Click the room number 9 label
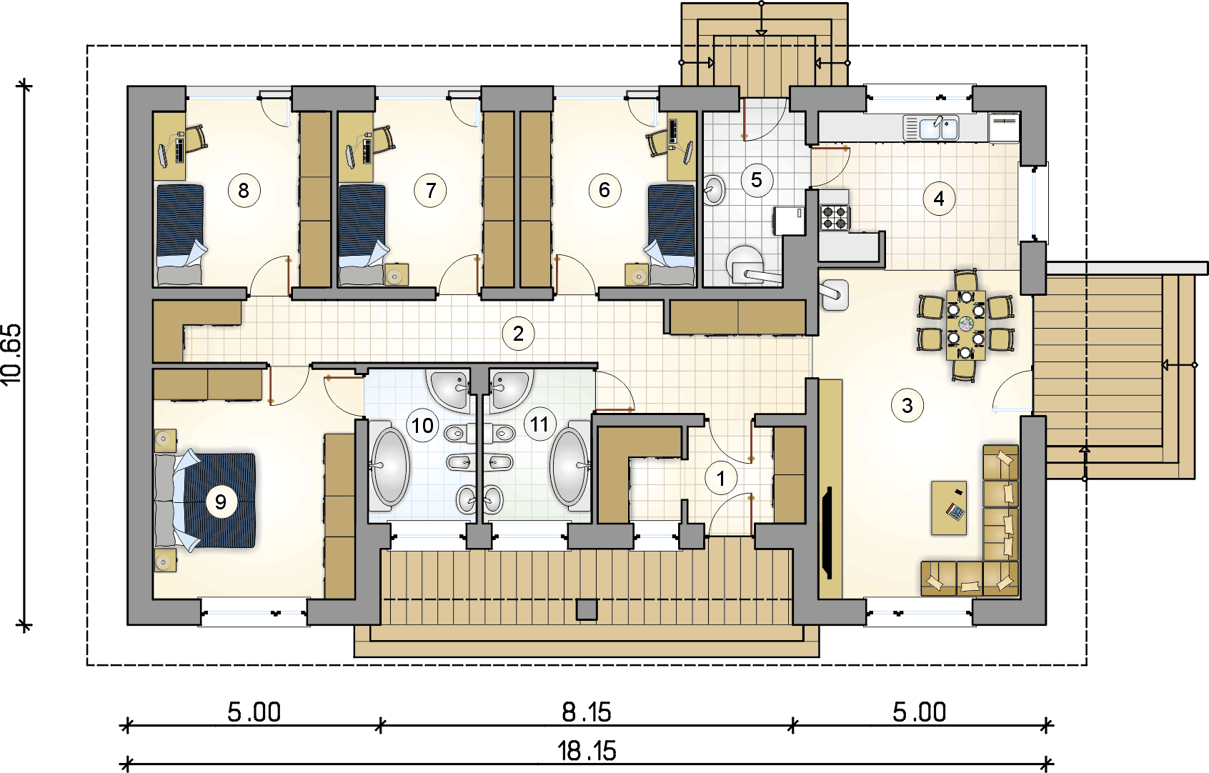coord(221,502)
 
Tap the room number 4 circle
coord(939,199)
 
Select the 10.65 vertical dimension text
coord(12,355)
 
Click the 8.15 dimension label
coord(586,712)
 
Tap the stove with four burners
coord(835,217)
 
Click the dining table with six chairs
coord(965,325)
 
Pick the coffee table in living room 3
coord(949,508)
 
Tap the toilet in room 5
coord(747,264)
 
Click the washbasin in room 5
coord(714,189)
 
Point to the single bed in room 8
coord(179,235)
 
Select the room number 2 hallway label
coord(518,334)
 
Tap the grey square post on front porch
coord(587,609)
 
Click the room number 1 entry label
coord(720,479)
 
